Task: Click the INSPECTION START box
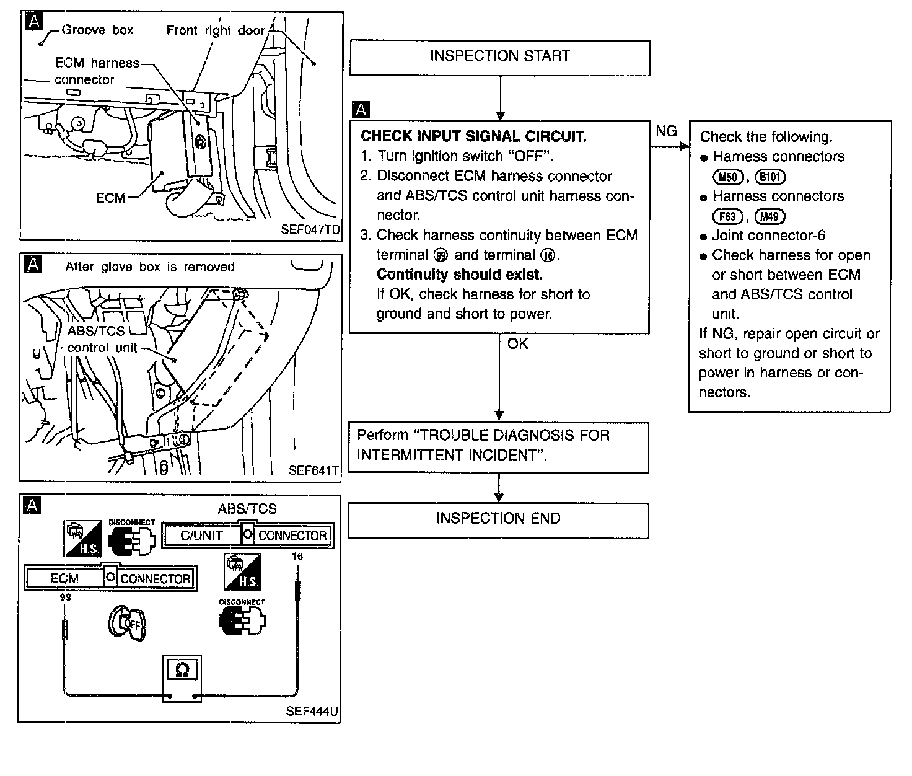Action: pyautogui.click(x=499, y=57)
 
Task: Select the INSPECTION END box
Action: pyautogui.click(x=498, y=519)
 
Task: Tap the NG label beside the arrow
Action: pyautogui.click(x=666, y=131)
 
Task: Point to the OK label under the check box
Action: pyautogui.click(x=517, y=344)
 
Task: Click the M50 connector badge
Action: pyautogui.click(x=727, y=177)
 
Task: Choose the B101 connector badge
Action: pyautogui.click(x=771, y=177)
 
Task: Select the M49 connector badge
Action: pyautogui.click(x=769, y=216)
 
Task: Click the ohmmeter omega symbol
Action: pyautogui.click(x=183, y=670)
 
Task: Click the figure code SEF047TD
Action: pyautogui.click(x=310, y=229)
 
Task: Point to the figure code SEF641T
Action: pyautogui.click(x=314, y=470)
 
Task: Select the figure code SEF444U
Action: pyautogui.click(x=312, y=711)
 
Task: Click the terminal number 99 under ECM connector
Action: pyautogui.click(x=65, y=597)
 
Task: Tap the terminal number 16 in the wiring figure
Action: pyautogui.click(x=297, y=556)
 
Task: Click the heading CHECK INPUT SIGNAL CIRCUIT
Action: pyautogui.click(x=473, y=136)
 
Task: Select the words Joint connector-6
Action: pyautogui.click(x=768, y=236)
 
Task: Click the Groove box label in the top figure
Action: pyautogui.click(x=97, y=30)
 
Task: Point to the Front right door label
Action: pyautogui.click(x=216, y=30)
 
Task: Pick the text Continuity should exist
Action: pyautogui.click(x=459, y=275)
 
